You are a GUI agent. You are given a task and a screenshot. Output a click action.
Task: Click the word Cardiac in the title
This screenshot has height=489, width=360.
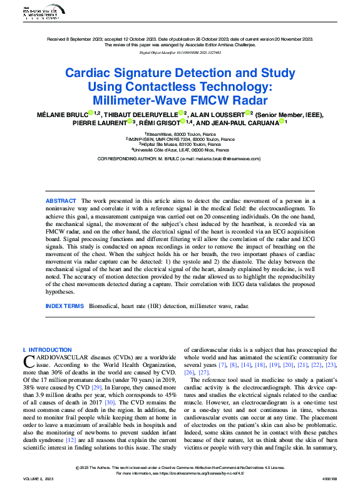[88, 73]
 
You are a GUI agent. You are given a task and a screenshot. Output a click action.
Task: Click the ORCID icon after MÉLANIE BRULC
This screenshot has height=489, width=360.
[91, 113]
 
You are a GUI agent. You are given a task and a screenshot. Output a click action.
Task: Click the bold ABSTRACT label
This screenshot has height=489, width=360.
[61, 200]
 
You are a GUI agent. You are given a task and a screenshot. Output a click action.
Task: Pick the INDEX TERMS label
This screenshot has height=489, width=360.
[64, 306]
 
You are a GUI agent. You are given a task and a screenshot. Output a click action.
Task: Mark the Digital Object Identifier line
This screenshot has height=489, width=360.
[180, 53]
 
